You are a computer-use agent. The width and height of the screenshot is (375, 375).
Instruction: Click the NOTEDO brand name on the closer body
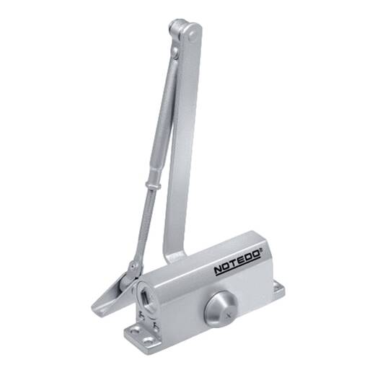coord(237,262)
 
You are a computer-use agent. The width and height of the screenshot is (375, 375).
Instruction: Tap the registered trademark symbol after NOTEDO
coord(260,251)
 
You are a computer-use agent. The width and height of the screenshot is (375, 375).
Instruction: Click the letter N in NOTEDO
coord(219,270)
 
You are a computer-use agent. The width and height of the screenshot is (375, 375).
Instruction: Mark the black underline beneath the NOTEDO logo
coord(238,266)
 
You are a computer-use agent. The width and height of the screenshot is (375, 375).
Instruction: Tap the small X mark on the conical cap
coord(226,315)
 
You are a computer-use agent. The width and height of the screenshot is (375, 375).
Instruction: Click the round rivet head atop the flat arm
coord(193,36)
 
